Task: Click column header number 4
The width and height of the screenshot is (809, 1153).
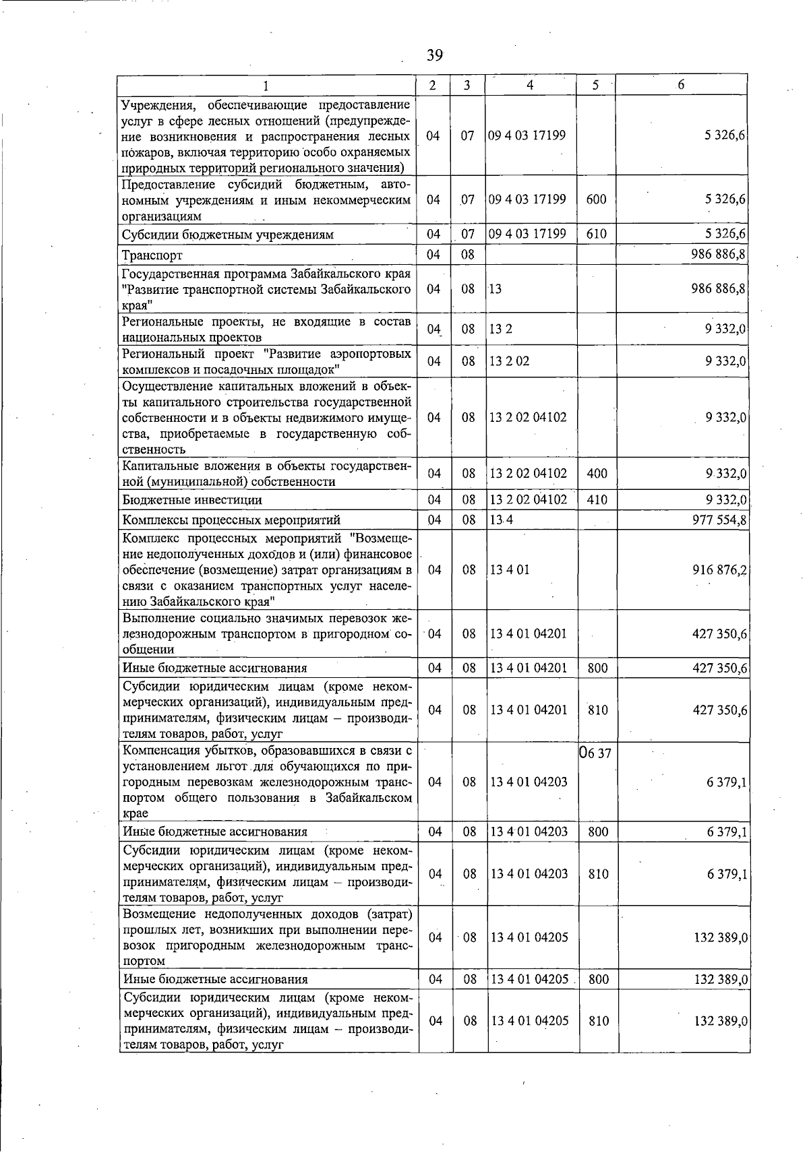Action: pyautogui.click(x=531, y=86)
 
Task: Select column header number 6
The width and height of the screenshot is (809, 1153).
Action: pyautogui.click(x=681, y=85)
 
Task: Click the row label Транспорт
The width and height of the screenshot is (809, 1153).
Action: pyautogui.click(x=152, y=255)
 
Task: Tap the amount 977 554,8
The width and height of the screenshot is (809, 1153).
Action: pyautogui.click(x=719, y=520)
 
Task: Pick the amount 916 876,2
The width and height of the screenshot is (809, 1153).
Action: pyautogui.click(x=719, y=570)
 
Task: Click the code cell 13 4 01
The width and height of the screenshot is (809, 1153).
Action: pyautogui.click(x=510, y=570)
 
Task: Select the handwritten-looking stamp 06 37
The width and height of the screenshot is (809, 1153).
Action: pyautogui.click(x=595, y=753)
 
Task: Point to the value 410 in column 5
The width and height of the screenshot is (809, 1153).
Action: pyautogui.click(x=597, y=500)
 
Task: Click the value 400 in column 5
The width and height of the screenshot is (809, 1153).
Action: pyautogui.click(x=597, y=474)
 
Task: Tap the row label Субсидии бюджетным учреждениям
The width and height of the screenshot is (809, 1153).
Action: pyautogui.click(x=227, y=235)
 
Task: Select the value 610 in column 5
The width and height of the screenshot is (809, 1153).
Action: pyautogui.click(x=597, y=235)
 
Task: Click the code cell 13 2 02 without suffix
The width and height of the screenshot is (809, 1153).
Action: pyautogui.click(x=510, y=361)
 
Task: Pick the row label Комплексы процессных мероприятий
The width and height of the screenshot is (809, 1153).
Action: pyautogui.click(x=231, y=520)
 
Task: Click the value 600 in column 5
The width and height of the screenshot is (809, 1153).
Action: pyautogui.click(x=597, y=200)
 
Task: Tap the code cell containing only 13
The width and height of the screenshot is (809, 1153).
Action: pyautogui.click(x=496, y=289)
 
